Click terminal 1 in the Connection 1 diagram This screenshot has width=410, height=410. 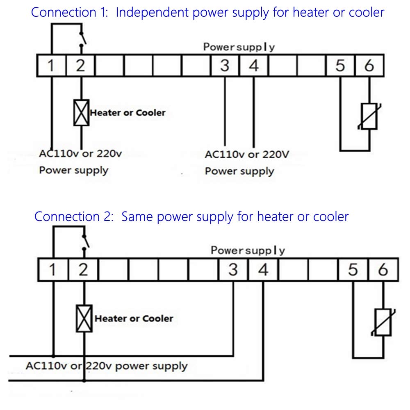(x=51, y=66)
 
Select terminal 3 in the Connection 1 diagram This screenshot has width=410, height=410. (x=224, y=66)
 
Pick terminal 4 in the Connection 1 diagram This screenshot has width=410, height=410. (x=254, y=66)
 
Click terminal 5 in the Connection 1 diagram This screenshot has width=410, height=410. (x=340, y=66)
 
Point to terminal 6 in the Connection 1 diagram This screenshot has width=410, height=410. (x=369, y=66)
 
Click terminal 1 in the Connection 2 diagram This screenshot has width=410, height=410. (x=52, y=270)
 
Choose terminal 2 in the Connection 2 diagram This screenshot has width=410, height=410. (x=83, y=270)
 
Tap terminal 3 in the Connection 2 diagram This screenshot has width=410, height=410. (x=233, y=270)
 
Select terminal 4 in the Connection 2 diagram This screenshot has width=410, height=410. (x=263, y=270)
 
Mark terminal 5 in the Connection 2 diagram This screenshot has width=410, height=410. (x=353, y=270)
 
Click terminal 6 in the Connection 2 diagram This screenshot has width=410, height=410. (x=383, y=270)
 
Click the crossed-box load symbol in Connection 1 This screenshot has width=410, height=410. (x=81, y=112)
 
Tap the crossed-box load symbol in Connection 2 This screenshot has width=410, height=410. (x=84, y=318)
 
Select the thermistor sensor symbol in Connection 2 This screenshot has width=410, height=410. (x=383, y=322)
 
